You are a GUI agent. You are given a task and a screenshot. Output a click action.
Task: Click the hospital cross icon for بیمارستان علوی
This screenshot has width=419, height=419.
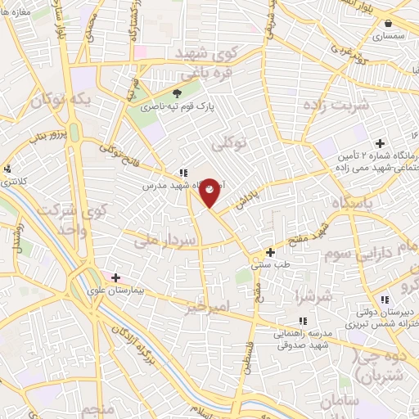coord(115,277)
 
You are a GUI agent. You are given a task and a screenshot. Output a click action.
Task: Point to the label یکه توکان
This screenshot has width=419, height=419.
coord(58,101)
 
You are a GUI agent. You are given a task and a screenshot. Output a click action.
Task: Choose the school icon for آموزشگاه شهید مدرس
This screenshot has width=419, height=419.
coord(182,173)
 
